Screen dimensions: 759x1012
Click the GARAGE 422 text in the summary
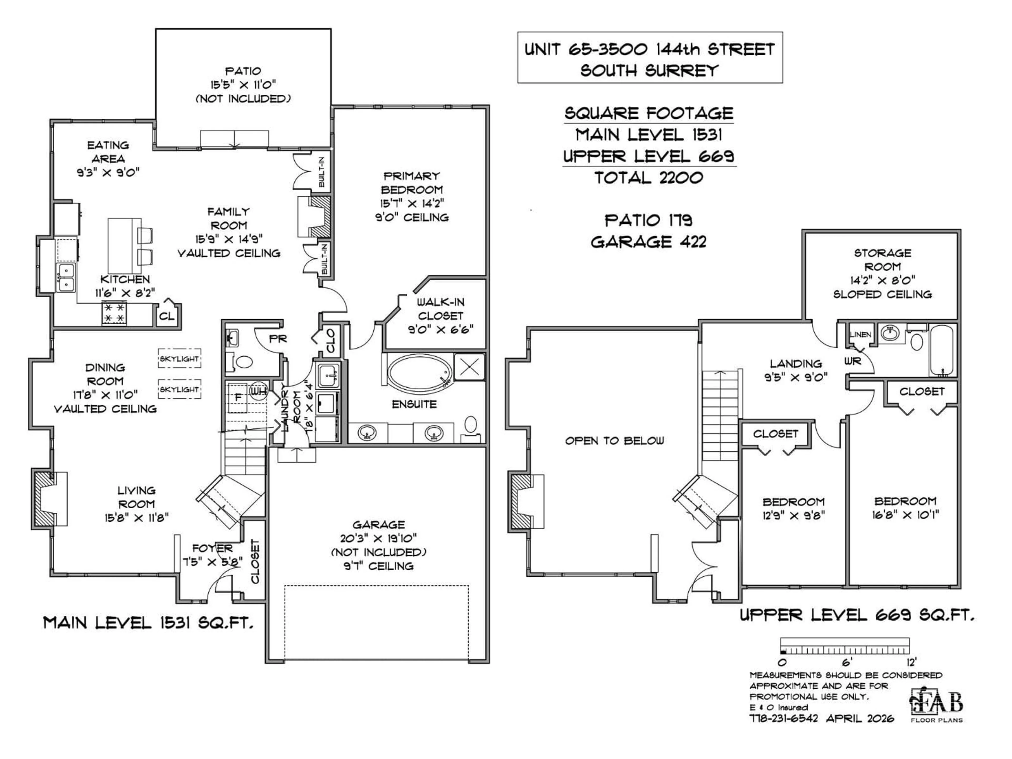coord(648,242)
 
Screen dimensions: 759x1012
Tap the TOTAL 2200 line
coord(648,178)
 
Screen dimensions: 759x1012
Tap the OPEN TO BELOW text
coord(614,441)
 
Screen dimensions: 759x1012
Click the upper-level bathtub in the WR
coord(942,351)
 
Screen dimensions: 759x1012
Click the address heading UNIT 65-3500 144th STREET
coord(650,49)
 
